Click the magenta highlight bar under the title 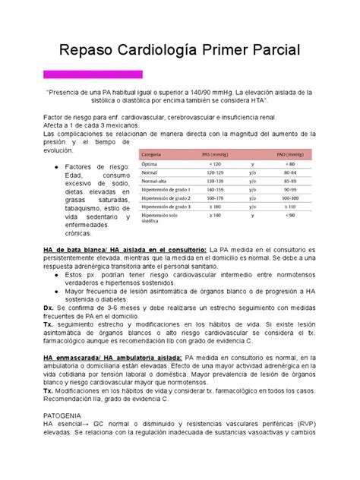[x=93, y=74]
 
